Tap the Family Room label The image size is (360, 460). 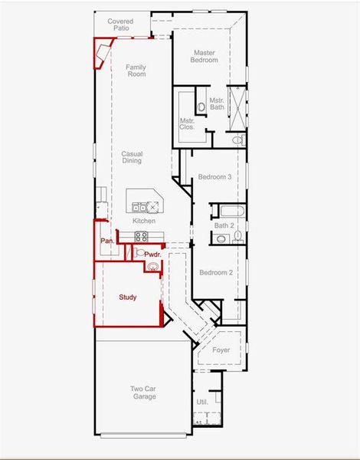click(x=136, y=71)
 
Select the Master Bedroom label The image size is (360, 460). click(x=204, y=56)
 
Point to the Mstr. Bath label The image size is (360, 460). click(x=217, y=103)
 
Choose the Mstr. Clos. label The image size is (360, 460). click(x=187, y=123)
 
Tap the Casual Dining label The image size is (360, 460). click(x=132, y=157)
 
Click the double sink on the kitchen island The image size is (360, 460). click(x=139, y=206)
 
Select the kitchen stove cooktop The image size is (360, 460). click(x=155, y=205)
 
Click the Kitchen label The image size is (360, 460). click(x=143, y=221)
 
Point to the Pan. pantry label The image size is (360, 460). click(x=107, y=242)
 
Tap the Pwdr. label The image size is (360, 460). click(x=152, y=255)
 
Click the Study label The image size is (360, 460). click(x=127, y=297)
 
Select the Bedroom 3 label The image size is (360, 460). click(x=214, y=177)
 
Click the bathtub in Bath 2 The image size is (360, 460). click(x=228, y=209)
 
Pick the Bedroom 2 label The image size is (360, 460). click(x=215, y=273)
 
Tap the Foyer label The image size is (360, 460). click(x=221, y=350)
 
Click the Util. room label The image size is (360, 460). click(x=202, y=401)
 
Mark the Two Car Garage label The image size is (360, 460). click(x=143, y=393)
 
